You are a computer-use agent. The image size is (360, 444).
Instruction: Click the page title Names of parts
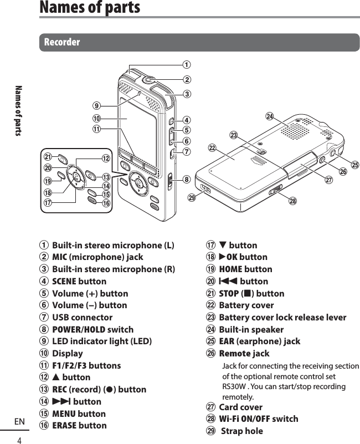(x=89, y=8)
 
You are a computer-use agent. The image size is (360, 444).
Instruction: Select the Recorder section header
(x=62, y=42)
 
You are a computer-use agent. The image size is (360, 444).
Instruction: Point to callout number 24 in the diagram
(x=269, y=116)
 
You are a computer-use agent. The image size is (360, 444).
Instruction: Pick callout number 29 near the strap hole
(x=192, y=197)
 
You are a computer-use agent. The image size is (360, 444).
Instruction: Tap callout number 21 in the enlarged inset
(x=48, y=157)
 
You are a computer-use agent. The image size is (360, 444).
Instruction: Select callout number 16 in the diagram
(x=106, y=204)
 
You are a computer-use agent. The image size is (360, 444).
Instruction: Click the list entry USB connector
(x=82, y=318)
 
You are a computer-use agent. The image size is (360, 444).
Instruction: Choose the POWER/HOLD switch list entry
(x=92, y=329)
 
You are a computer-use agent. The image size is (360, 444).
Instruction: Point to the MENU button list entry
(x=79, y=414)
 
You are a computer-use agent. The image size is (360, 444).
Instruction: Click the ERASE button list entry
(x=79, y=426)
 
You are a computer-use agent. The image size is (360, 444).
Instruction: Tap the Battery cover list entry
(x=246, y=305)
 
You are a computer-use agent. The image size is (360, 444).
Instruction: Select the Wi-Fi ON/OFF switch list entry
(x=258, y=419)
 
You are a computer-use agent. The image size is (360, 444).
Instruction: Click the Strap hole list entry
(x=242, y=431)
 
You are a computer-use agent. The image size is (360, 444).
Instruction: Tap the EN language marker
(x=19, y=422)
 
